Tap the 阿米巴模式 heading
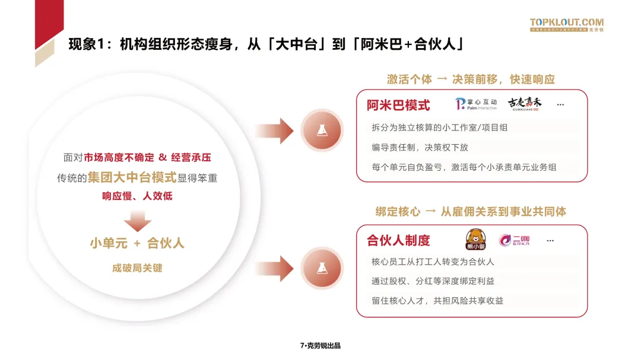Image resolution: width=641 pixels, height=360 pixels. [398, 106]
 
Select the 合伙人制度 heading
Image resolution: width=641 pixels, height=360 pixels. [398, 240]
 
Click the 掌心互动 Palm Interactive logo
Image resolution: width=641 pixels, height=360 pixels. [475, 104]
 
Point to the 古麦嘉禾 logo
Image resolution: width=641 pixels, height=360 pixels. [525, 104]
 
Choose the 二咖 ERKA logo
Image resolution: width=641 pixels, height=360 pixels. [514, 240]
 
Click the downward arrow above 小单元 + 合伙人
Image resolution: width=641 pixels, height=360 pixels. [137, 221]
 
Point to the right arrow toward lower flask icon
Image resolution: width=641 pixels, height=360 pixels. [274, 265]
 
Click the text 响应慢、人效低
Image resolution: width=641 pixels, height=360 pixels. [137, 196]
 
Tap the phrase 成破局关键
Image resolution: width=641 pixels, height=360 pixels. [137, 268]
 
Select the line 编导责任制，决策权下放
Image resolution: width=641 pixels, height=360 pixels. [420, 147]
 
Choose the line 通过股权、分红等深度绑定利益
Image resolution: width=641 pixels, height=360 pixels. [436, 281]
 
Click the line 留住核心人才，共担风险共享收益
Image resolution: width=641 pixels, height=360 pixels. [437, 301]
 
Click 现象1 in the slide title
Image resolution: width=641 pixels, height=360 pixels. [88, 44]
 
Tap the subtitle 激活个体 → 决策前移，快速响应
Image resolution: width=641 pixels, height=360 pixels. [471, 79]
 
